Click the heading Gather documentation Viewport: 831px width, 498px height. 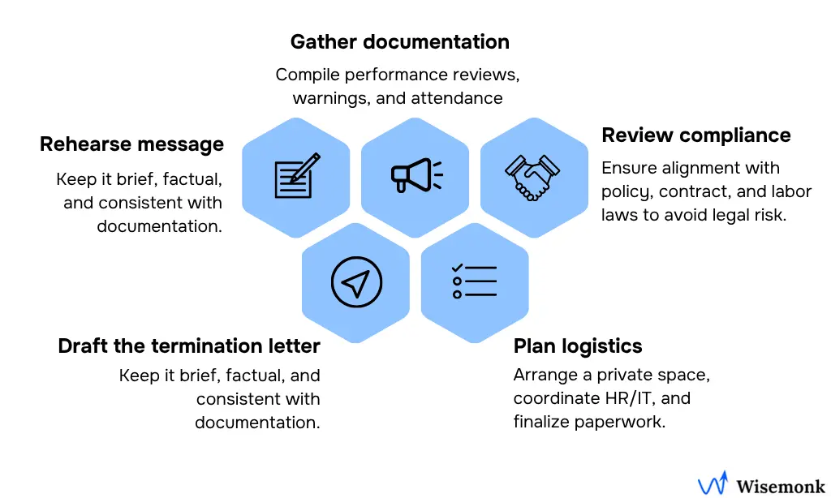[x=399, y=42]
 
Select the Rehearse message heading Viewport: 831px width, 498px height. [x=131, y=144]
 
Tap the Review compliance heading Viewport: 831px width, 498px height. [x=695, y=135]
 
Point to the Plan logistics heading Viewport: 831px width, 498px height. [x=578, y=346]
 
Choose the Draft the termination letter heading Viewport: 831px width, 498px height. [x=189, y=346]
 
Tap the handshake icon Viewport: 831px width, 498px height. [x=533, y=177]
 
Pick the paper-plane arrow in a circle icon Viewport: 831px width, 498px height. [x=356, y=282]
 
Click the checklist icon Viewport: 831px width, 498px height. [x=474, y=281]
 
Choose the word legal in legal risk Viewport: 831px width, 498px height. [x=725, y=215]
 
